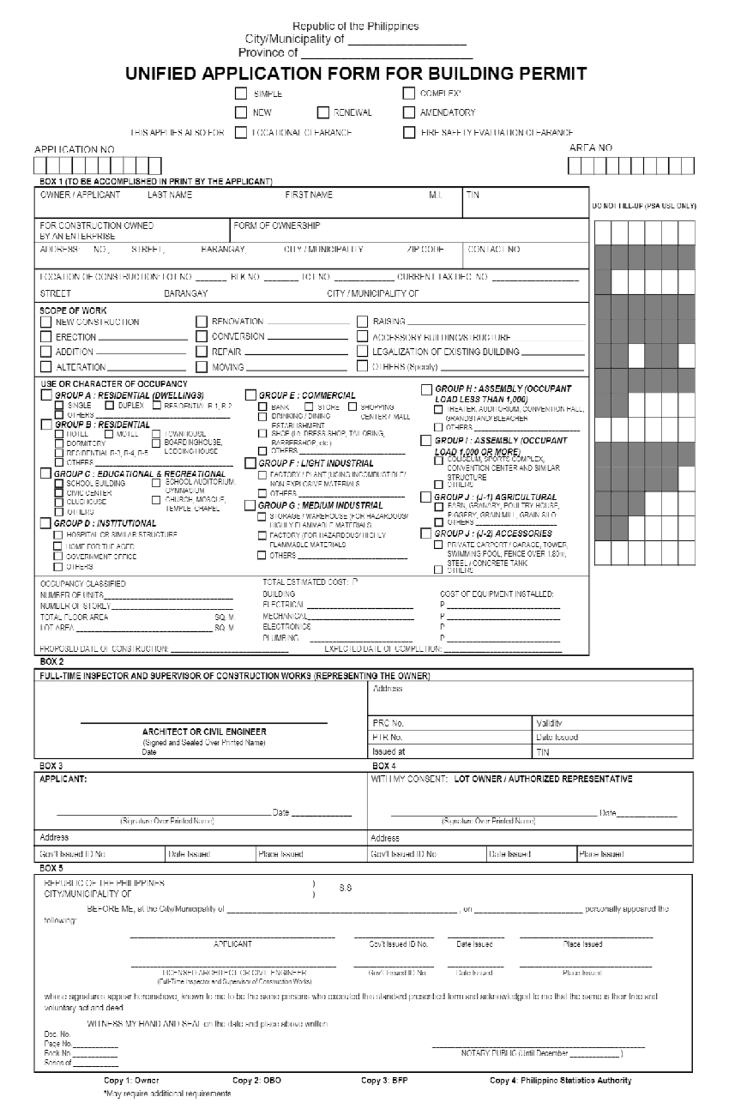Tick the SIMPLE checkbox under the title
coord(241,94)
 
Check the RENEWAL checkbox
coord(323,112)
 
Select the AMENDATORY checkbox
coord(409,112)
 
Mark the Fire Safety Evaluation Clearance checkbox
coord(409,132)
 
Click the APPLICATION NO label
coord(74,149)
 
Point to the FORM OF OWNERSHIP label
coord(276,225)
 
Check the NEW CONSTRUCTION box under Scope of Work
coord(46,322)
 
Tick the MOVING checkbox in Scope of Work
coord(202,367)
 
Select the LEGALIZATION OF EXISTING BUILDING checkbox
coord(362,351)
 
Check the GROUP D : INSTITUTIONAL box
coord(46,523)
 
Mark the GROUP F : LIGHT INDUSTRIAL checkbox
coord(250,463)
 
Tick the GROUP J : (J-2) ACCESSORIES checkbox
coord(426,533)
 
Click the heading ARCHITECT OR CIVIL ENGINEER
coord(204,732)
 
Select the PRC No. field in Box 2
coord(450,723)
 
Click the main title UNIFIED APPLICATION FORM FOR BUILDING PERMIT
coord(356,74)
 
